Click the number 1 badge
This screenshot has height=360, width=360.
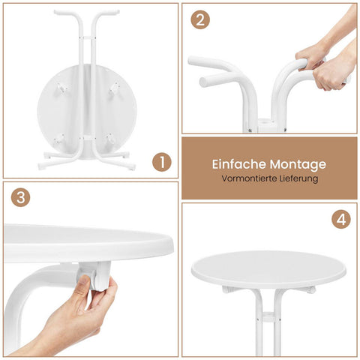click(162, 162)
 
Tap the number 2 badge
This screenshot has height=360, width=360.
click(200, 19)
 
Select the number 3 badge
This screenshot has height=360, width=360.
click(21, 197)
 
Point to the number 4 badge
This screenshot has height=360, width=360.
click(341, 219)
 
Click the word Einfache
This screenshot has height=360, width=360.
click(239, 164)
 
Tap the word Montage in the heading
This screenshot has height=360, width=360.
click(298, 165)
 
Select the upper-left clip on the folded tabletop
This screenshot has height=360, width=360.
click(62, 88)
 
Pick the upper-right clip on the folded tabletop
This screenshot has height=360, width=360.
click(114, 88)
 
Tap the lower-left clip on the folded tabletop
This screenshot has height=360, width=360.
click(59, 139)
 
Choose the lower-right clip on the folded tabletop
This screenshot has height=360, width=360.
click(110, 138)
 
